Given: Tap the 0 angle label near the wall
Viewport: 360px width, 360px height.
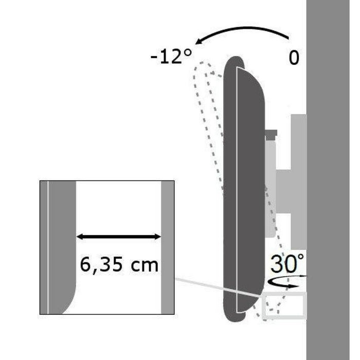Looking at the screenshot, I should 294,58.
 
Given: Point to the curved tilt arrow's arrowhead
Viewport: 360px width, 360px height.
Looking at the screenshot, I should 196,42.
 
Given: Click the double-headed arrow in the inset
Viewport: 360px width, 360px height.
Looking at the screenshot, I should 119,237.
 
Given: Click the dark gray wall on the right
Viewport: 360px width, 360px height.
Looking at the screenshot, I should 333,180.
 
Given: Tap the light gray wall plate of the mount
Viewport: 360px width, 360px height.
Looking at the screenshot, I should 299,180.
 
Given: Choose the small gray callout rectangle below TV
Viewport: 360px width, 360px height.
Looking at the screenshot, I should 284,305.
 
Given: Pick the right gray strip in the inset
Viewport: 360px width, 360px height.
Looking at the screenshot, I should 167,247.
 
